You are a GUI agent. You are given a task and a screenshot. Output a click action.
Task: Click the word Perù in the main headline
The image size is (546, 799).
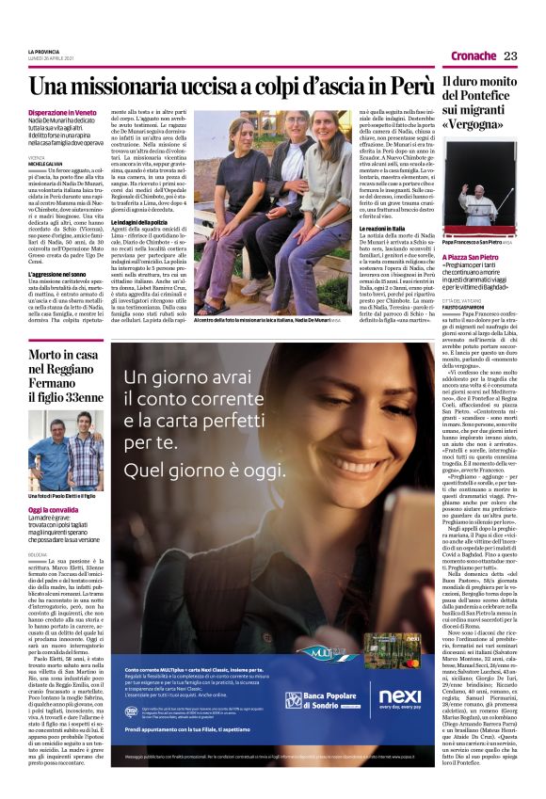[411, 86]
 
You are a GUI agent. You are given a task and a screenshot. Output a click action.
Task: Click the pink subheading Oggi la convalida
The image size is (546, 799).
[53, 510]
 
